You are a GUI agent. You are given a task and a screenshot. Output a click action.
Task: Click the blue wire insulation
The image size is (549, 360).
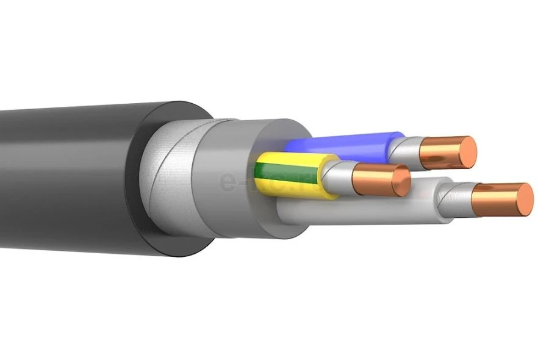pos(342,143)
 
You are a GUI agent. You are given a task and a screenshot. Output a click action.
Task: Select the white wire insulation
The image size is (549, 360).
pos(366,211)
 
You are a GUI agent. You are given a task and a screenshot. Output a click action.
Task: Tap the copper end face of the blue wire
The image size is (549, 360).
pos(467,152)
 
